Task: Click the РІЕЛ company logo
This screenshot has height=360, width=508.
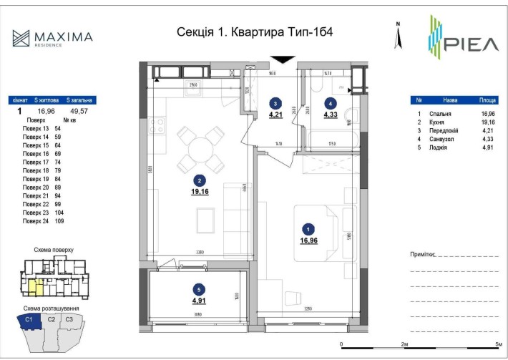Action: (x=459, y=39)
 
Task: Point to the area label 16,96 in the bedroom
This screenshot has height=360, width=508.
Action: (x=308, y=240)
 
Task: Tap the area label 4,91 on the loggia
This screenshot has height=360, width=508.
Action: (x=197, y=300)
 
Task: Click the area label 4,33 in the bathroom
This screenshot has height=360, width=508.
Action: (x=331, y=113)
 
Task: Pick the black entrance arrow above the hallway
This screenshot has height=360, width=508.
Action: (x=283, y=61)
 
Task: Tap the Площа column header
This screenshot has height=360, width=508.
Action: (x=489, y=101)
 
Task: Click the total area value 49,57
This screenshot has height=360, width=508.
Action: (x=80, y=112)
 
